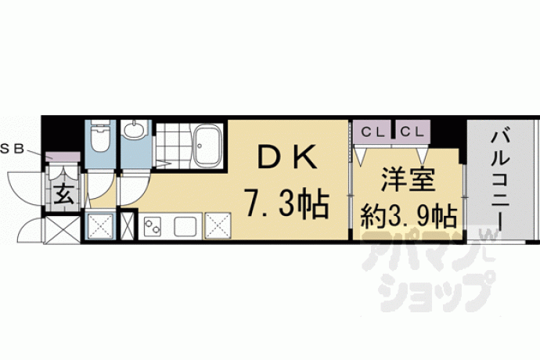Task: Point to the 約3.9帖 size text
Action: pos(409,213)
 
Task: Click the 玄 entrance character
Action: pos(64,196)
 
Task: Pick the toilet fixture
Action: pos(100,139)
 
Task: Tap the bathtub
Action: pos(208,146)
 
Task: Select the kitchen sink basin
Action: pos(186,226)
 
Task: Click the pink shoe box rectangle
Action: pos(62,157)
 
